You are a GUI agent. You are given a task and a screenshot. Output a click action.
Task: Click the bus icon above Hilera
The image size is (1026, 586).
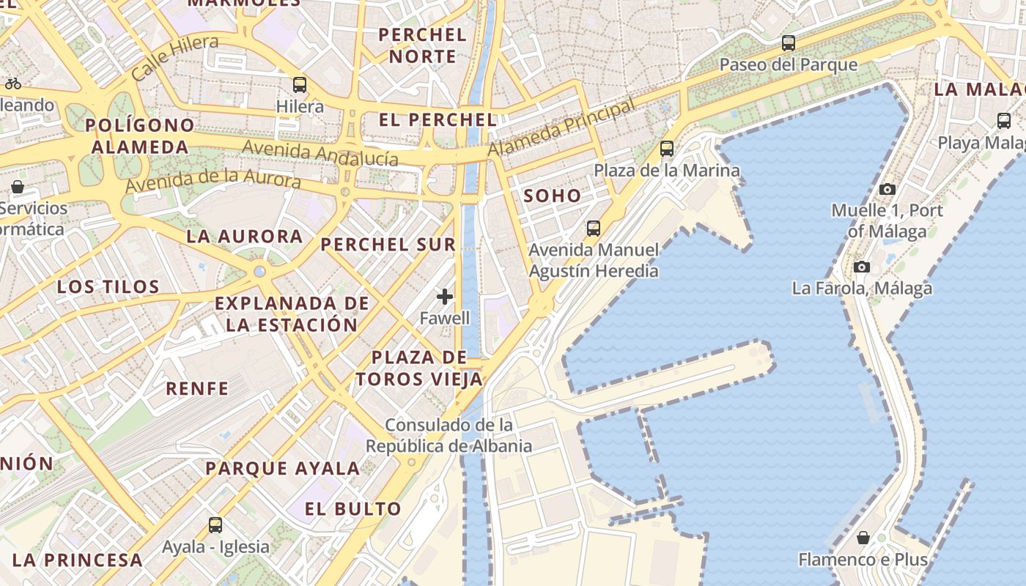point(300,84)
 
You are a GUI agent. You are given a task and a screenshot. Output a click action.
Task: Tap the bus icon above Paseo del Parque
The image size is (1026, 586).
point(789,43)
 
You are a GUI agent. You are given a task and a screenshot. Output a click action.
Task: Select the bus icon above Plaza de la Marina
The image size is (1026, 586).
point(667,149)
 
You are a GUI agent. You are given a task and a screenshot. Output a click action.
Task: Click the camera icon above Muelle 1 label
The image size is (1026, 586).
point(887,189)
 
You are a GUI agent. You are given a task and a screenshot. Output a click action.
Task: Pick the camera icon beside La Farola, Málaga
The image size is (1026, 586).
point(862,267)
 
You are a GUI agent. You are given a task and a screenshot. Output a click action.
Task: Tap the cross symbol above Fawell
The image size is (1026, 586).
point(445,297)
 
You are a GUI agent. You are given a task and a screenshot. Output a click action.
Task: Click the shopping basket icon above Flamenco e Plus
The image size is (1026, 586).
point(863,538)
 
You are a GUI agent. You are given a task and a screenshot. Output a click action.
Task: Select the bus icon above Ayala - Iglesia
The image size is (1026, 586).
point(215,525)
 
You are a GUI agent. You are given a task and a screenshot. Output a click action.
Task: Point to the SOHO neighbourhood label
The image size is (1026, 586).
point(553,196)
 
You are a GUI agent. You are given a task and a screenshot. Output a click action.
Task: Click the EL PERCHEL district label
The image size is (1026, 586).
point(438,119)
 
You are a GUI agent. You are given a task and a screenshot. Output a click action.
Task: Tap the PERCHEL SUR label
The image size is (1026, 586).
point(388,245)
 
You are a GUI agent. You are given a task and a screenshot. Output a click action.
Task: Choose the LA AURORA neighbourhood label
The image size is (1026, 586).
point(245,236)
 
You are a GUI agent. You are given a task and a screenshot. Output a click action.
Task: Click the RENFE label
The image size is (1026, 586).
point(197,388)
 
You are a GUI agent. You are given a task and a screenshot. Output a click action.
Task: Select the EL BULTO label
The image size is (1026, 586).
point(353,508)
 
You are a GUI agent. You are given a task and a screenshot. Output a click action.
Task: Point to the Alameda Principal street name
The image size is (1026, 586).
point(562,128)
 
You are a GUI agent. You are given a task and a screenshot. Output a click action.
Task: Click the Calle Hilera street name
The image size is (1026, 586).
point(175,57)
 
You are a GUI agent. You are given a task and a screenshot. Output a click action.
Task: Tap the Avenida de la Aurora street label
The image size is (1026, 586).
point(213,180)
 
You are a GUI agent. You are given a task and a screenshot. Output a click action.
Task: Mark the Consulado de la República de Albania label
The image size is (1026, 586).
point(449,435)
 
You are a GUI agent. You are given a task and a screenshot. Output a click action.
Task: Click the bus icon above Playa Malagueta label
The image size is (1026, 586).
point(1004,121)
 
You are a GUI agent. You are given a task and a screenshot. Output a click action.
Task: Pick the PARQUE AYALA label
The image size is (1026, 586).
point(283,468)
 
